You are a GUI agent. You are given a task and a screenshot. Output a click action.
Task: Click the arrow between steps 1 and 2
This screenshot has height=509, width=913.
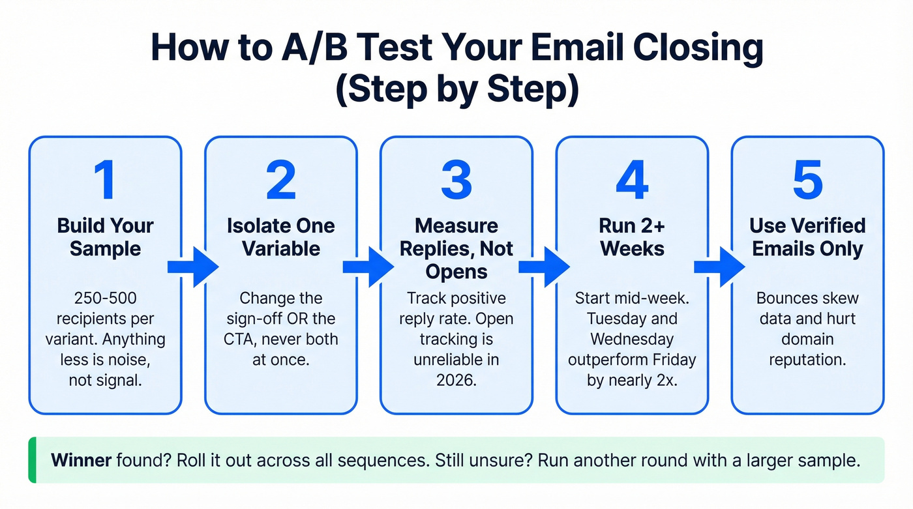[193, 267]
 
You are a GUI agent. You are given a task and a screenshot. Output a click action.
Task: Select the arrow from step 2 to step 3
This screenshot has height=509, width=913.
[368, 267]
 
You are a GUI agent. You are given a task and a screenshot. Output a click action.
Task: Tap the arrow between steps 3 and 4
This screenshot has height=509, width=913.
[544, 267]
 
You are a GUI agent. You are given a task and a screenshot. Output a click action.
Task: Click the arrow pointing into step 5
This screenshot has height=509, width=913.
[719, 267]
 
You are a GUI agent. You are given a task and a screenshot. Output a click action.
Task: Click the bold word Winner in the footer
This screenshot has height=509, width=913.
[81, 460]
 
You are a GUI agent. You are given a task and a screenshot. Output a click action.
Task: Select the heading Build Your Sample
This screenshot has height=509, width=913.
[105, 237]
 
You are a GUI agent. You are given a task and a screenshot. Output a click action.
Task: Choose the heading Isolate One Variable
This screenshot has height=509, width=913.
[280, 237]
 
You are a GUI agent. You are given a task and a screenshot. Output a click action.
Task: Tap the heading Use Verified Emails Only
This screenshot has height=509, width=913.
[807, 237]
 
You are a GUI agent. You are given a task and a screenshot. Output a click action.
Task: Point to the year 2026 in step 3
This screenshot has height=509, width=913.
[456, 380]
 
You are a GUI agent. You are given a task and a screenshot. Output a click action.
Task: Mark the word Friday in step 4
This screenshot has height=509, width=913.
[672, 360]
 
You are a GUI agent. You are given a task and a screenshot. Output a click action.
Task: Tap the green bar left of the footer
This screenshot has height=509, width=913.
[32, 460]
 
